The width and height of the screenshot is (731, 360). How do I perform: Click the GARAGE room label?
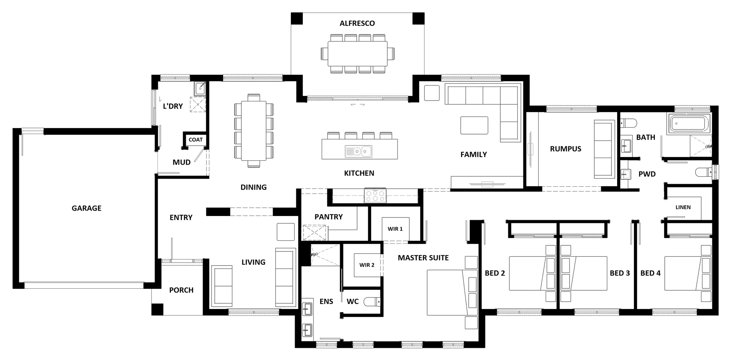[86, 208]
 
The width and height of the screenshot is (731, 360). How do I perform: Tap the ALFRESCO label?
[357, 23]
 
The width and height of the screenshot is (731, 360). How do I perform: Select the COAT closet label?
[196, 140]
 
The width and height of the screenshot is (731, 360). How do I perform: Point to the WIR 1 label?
[395, 229]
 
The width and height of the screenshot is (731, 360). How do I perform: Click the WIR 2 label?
[367, 265]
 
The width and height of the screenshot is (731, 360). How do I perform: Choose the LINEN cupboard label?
[683, 207]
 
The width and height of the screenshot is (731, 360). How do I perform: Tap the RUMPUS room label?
[565, 149]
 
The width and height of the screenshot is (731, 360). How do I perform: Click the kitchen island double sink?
[358, 152]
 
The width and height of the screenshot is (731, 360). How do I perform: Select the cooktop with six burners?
[375, 195]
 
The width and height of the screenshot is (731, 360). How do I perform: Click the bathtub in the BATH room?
[689, 124]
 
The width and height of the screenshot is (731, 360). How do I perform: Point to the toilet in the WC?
[372, 302]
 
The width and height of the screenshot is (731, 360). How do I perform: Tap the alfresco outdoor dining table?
[358, 54]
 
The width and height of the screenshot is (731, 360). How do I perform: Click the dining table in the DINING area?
[254, 131]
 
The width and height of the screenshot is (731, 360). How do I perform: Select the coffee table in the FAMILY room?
[474, 125]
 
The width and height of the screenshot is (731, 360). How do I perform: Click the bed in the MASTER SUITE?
[452, 293]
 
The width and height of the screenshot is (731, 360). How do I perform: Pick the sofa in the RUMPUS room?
[604, 149]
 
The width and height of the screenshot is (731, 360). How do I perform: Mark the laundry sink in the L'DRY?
[200, 89]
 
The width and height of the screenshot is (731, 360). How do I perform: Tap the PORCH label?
[181, 290]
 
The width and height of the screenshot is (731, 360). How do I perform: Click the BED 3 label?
[620, 273]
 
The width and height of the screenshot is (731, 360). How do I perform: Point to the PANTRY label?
[329, 217]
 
